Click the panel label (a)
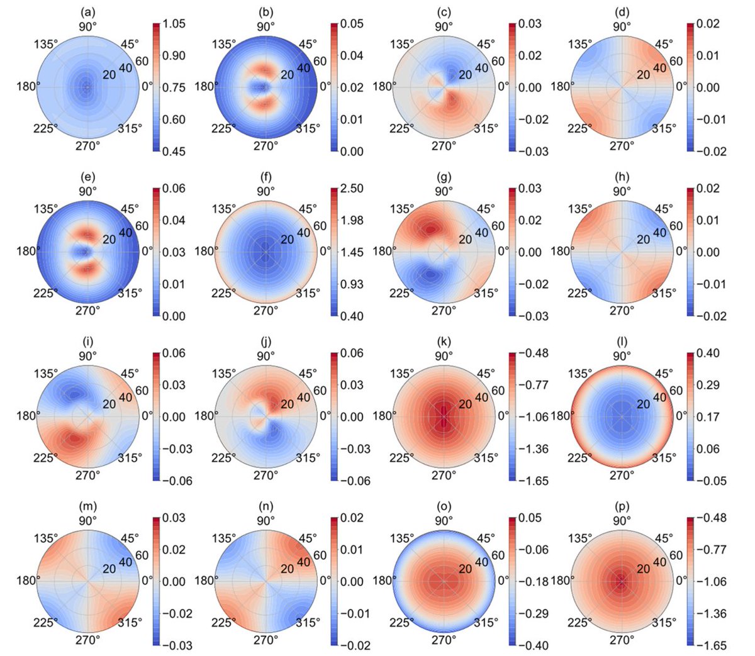tap(87, 12)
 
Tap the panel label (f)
tap(266, 177)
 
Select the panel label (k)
tap(444, 342)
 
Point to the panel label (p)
tap(622, 506)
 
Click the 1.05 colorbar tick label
tap(174, 24)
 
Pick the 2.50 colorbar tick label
tap(352, 189)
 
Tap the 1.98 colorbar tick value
tap(352, 220)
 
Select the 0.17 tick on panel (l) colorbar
tap(708, 416)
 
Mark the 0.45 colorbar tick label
tap(174, 152)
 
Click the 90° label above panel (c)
tap(444, 26)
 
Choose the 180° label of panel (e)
tap(27, 252)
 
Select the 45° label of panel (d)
tap(664, 44)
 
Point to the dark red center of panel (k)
tap(444, 416)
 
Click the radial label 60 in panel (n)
tap(320, 555)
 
